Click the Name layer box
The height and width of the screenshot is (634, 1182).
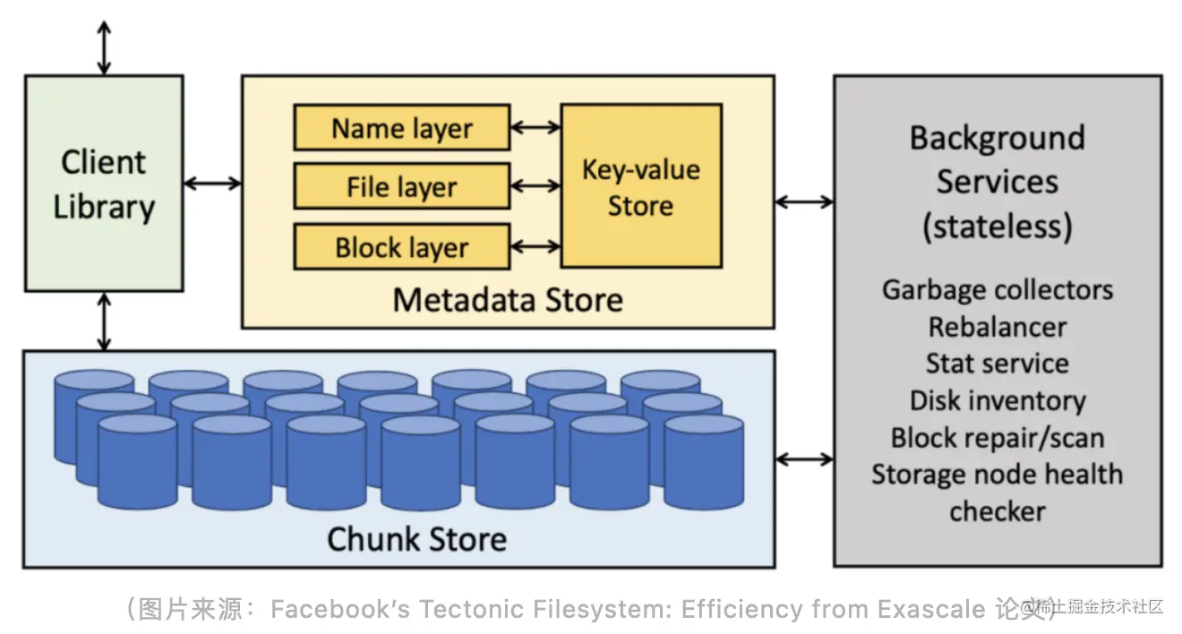click(x=402, y=127)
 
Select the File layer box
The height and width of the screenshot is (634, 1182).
click(x=402, y=186)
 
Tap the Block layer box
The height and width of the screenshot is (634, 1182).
click(x=402, y=246)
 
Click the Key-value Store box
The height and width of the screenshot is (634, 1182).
click(x=641, y=186)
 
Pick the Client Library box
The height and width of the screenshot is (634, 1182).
click(x=104, y=184)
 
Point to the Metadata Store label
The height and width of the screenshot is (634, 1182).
click(x=508, y=300)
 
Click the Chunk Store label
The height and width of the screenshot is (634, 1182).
click(x=417, y=539)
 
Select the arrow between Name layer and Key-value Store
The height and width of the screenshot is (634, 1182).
click(x=535, y=127)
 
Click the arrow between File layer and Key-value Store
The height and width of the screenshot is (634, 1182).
click(x=535, y=186)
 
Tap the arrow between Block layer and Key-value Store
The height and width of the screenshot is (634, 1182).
click(x=535, y=246)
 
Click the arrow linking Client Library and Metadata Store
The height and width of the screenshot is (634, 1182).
click(x=212, y=184)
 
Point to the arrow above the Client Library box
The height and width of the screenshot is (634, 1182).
click(x=104, y=47)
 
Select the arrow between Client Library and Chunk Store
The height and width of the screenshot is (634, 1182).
click(x=104, y=321)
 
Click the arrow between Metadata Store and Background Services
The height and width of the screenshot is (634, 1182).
click(x=804, y=201)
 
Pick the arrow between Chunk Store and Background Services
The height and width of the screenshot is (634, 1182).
click(x=804, y=459)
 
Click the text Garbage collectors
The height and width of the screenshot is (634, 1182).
click(x=998, y=290)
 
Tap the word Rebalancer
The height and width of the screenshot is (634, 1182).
click(x=998, y=327)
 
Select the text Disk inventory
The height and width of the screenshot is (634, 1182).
click(x=998, y=400)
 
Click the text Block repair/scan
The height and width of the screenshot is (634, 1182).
click(x=998, y=438)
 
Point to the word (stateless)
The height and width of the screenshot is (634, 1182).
click(x=998, y=227)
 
